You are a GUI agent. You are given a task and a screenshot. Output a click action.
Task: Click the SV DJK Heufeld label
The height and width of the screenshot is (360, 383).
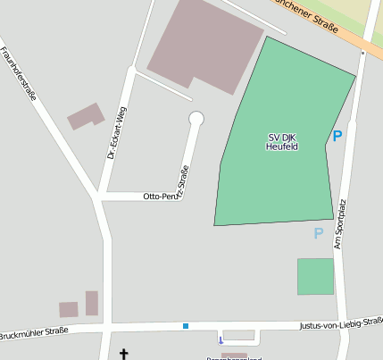pyautogui.click(x=282, y=141)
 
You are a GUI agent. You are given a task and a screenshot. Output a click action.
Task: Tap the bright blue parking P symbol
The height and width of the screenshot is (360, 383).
pyautogui.click(x=337, y=136)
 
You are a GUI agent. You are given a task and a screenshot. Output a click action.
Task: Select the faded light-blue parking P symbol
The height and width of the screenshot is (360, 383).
pyautogui.click(x=318, y=233)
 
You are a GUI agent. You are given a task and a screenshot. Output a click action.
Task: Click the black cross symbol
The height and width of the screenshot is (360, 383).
pyautogui.click(x=123, y=355)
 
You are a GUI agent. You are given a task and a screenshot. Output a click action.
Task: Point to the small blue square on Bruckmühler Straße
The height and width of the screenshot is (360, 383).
pyautogui.click(x=186, y=326)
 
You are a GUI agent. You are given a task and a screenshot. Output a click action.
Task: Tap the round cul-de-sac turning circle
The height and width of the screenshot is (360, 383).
pyautogui.click(x=196, y=119)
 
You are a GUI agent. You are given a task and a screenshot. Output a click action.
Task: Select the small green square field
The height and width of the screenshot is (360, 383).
pyautogui.click(x=315, y=276)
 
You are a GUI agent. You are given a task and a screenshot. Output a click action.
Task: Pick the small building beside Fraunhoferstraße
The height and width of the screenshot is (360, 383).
pyautogui.click(x=86, y=116)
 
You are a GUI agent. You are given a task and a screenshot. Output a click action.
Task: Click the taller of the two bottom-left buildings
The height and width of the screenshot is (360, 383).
pyautogui.click(x=92, y=303)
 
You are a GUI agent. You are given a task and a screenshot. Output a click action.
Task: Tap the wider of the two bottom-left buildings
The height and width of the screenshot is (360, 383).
pyautogui.click(x=69, y=310)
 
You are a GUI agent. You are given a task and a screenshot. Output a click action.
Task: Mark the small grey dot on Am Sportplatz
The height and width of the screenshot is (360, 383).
pyautogui.click(x=362, y=53)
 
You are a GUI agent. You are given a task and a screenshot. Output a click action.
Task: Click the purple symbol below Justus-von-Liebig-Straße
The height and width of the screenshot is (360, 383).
pyautogui.click(x=221, y=339)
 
